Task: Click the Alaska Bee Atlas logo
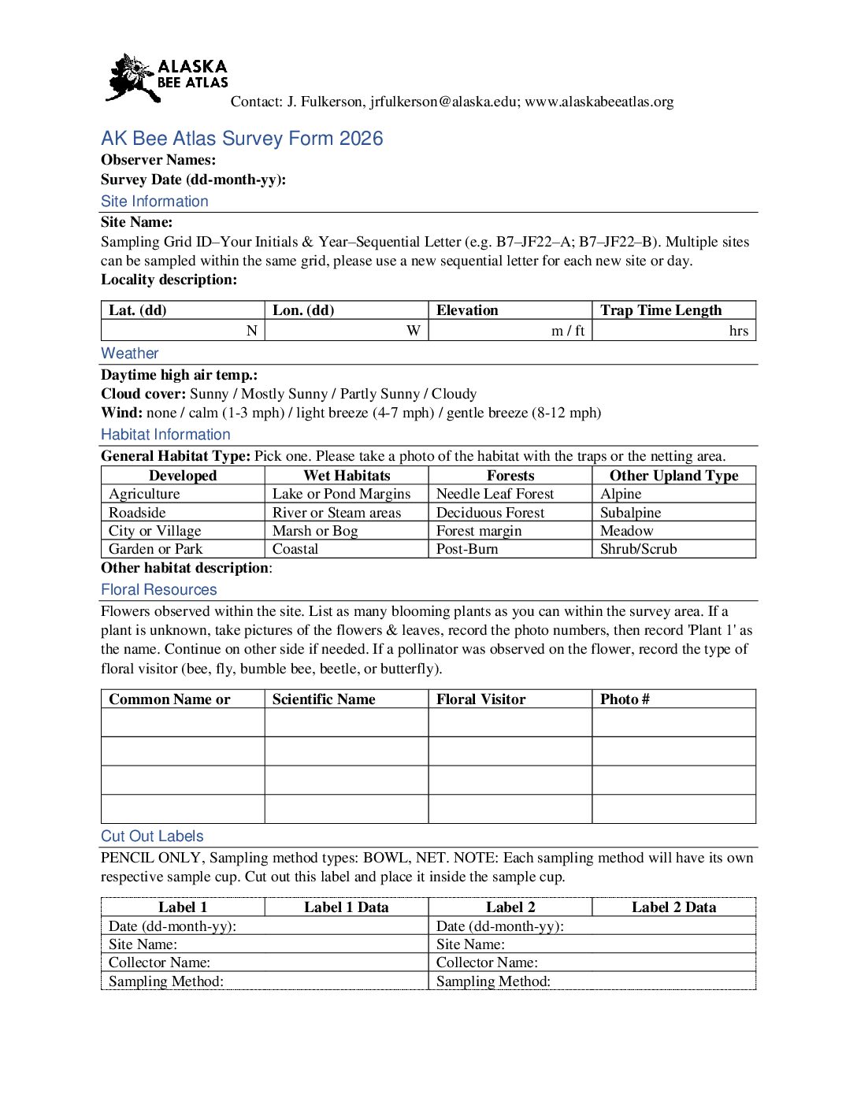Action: pyautogui.click(x=167, y=77)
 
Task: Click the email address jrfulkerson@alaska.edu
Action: pyautogui.click(x=444, y=102)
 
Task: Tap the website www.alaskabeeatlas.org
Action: pyautogui.click(x=599, y=102)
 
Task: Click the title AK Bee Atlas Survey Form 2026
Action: pyautogui.click(x=242, y=139)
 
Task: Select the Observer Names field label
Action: pyautogui.click(x=158, y=160)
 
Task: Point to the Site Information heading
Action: pyautogui.click(x=154, y=202)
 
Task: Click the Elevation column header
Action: pyautogui.click(x=467, y=310)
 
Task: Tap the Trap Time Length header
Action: pyautogui.click(x=661, y=310)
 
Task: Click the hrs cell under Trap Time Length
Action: pyautogui.click(x=738, y=331)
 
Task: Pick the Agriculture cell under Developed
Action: pyautogui.click(x=144, y=494)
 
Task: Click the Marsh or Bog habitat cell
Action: pyautogui.click(x=315, y=531)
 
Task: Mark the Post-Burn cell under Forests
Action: pyautogui.click(x=467, y=549)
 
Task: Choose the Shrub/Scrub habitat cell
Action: pyautogui.click(x=638, y=549)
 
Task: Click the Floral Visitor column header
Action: pyautogui.click(x=480, y=699)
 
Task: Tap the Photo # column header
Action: pyautogui.click(x=625, y=699)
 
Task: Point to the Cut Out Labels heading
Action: pyautogui.click(x=152, y=836)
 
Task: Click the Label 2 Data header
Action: pyautogui.click(x=673, y=907)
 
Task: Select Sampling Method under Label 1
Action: pyautogui.click(x=166, y=981)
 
